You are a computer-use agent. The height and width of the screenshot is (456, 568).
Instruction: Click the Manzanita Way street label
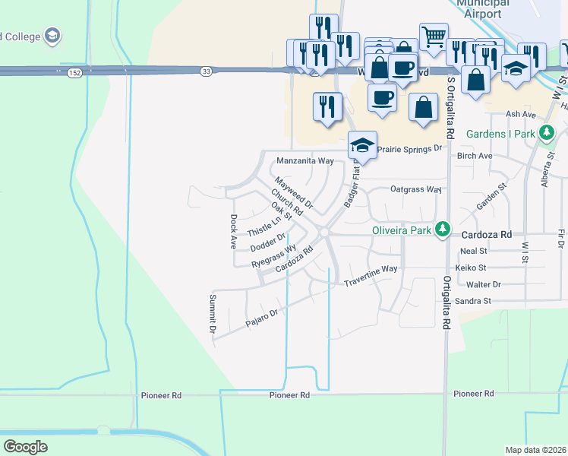[x=305, y=161]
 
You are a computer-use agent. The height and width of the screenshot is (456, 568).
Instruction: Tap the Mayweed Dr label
[x=294, y=193]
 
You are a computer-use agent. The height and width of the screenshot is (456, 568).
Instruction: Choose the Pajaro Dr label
[x=263, y=318]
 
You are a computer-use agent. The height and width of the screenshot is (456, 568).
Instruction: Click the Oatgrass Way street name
[x=415, y=188]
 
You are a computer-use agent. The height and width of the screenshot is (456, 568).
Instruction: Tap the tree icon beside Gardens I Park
[x=545, y=135]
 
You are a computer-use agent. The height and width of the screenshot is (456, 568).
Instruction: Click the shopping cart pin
[x=433, y=36]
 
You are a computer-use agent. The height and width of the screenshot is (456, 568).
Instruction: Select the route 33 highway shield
[x=207, y=71]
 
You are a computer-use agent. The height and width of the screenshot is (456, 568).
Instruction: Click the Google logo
[x=26, y=447]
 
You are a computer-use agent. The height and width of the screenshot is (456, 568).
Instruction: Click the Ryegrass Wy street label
[x=274, y=255]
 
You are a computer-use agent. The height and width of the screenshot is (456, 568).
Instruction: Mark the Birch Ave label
[x=474, y=156]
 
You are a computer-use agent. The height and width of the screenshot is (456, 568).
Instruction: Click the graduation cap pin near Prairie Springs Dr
[x=363, y=144]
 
